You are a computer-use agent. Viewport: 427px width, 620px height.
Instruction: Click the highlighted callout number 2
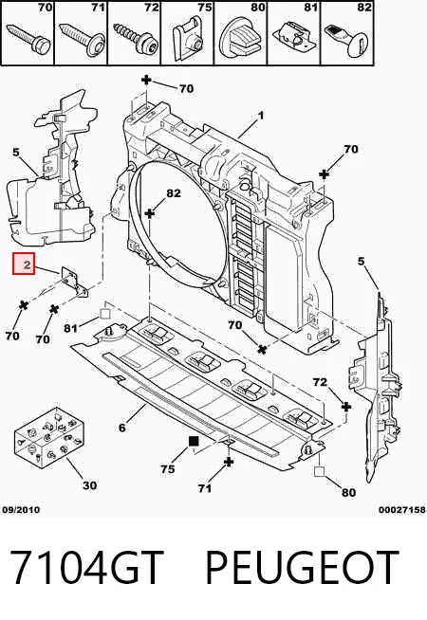point(24,264)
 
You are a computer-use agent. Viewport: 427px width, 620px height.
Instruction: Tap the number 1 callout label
point(260,116)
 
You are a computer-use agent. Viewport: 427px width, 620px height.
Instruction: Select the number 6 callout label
point(122,428)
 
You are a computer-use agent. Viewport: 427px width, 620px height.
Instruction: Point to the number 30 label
point(89,485)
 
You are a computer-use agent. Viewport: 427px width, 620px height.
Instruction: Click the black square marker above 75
point(194,441)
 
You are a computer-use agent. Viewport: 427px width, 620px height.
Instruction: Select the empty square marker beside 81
point(104,315)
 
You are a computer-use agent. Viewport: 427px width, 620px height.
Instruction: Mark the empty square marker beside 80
point(319,471)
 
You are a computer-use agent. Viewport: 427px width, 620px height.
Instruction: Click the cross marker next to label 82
point(150,213)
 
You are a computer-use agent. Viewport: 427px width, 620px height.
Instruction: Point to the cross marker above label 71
point(229,462)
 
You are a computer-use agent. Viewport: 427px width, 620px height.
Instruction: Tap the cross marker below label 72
point(346,407)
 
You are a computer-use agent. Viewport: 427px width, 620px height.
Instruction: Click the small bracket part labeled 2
point(74,283)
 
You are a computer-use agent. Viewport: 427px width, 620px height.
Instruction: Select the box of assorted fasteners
point(48,436)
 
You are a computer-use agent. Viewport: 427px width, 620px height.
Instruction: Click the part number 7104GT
point(86,567)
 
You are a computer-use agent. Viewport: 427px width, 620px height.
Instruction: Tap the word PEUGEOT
point(303,567)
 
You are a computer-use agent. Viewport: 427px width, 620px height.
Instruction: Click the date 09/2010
point(21,510)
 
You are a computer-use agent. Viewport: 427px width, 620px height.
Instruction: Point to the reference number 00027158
point(401,510)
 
